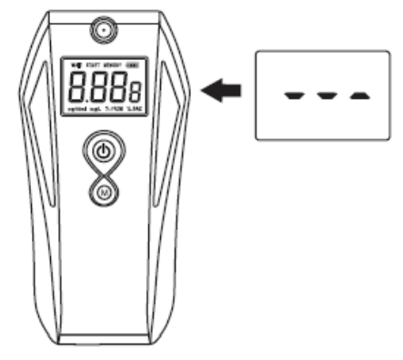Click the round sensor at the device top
tap(105, 32)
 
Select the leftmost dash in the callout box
tap(294, 95)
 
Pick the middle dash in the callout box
tap(327, 95)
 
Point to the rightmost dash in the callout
tap(360, 95)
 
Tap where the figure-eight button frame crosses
tap(105, 173)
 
